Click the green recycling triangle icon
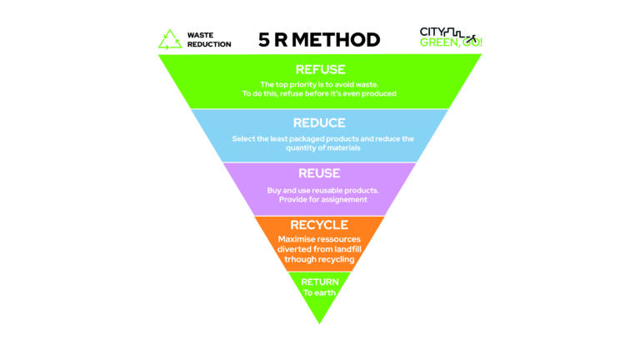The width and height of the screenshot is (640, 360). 171,39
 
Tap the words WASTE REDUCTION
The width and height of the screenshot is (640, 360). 208,39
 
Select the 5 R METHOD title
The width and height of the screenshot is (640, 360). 319,39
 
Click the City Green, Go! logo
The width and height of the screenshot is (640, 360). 450,37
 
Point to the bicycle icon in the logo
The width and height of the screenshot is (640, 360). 472,39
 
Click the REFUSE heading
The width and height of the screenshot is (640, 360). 319,70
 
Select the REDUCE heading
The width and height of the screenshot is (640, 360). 319,123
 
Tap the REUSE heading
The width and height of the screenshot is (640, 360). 319,173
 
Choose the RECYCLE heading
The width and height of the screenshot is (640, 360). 319,225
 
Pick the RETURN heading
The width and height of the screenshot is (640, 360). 320,282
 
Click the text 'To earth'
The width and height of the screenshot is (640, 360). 320,292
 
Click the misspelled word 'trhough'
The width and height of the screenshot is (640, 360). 297,259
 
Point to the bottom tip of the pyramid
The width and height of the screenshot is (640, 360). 320,322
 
